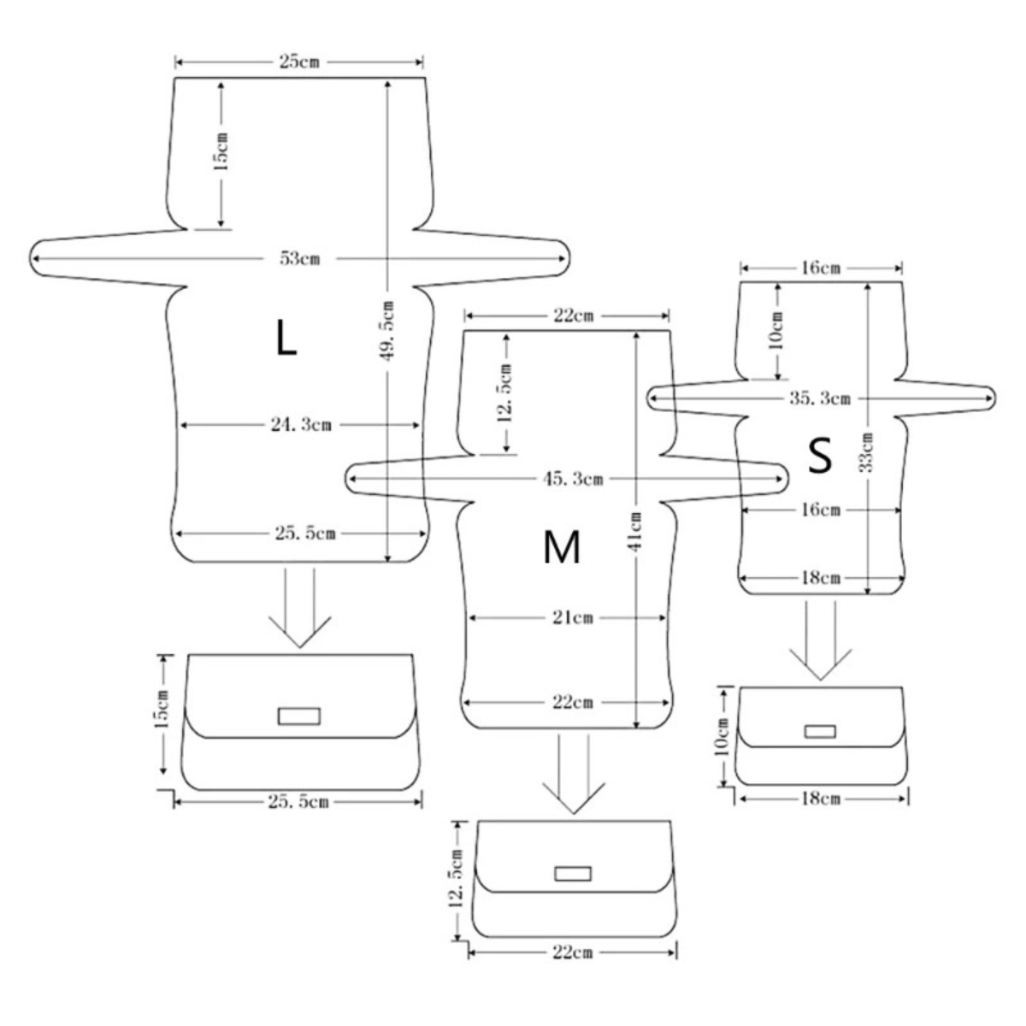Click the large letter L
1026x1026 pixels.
click(286, 338)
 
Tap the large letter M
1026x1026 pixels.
click(561, 547)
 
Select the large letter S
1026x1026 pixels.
click(820, 456)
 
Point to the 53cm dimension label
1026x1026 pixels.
click(300, 259)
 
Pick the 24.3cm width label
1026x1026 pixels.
click(301, 425)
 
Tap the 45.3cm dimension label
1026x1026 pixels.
click(573, 479)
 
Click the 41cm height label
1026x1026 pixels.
click(636, 531)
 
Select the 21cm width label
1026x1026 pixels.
click(573, 618)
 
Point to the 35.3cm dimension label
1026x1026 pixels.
click(820, 398)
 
